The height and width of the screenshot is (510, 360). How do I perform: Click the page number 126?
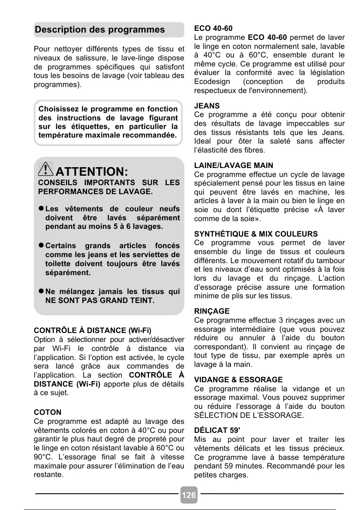189,495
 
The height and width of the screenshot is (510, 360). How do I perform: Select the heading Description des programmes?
100,30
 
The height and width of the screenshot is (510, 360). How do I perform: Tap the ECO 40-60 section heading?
213,28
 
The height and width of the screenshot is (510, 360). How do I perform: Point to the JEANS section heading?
207,105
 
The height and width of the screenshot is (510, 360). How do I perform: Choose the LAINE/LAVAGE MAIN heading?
234,165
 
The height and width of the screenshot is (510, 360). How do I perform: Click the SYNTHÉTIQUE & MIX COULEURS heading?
256,234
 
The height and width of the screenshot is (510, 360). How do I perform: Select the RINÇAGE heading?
212,311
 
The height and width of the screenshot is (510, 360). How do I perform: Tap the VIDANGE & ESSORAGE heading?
238,380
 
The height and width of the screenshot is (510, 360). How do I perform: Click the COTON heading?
48,413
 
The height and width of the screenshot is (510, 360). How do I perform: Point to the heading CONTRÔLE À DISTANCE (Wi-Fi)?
93,331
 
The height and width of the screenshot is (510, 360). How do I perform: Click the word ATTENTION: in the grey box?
92,172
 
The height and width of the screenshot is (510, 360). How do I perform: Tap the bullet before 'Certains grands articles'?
41,246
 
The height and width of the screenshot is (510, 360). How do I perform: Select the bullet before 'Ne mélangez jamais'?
41,291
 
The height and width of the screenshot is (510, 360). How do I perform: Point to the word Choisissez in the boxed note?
60,109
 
